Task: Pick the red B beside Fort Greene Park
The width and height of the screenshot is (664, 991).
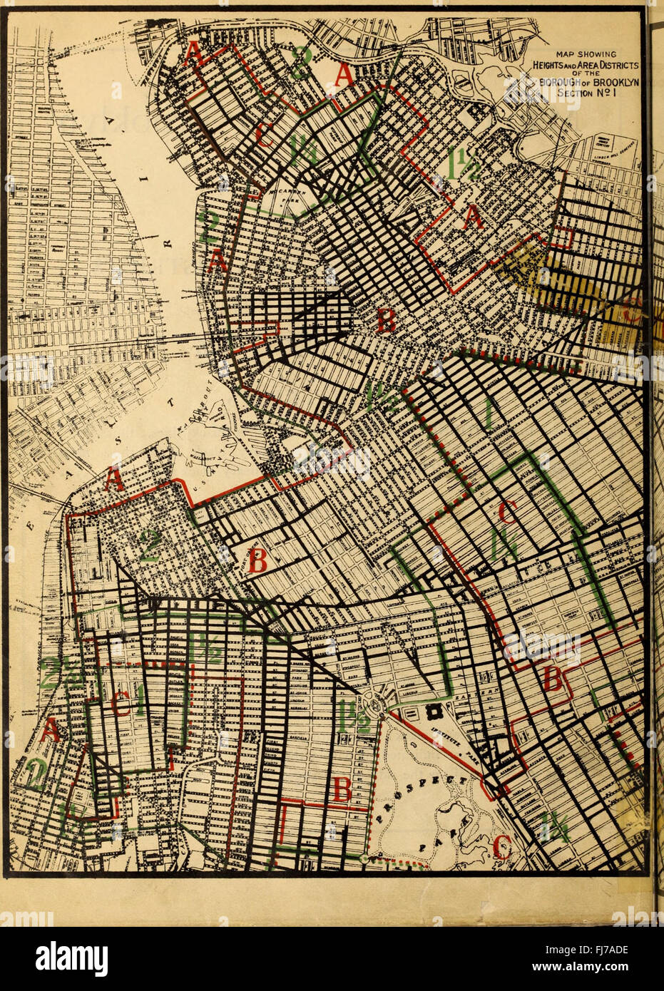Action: click(x=257, y=560)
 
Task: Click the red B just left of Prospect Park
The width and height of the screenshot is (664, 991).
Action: click(x=342, y=790)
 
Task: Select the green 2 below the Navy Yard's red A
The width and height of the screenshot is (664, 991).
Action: click(x=150, y=548)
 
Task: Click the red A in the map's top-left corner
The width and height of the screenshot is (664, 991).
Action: click(x=192, y=53)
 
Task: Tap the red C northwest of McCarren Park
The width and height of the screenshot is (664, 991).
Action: click(x=264, y=135)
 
